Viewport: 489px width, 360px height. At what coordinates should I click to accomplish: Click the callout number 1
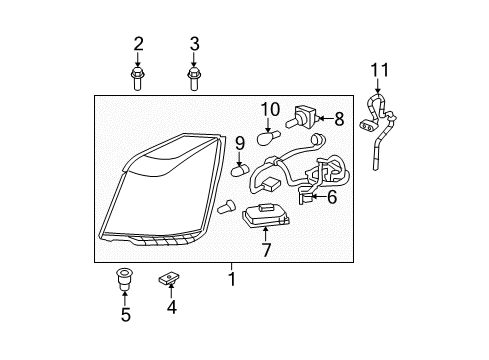pos(232,281)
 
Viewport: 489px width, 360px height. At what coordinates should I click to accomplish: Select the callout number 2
pos(138,43)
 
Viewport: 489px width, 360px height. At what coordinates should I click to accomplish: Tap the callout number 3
pos(194,43)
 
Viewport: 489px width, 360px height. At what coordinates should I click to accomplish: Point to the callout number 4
pos(171,308)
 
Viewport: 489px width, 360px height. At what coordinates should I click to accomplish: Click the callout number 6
pos(332,198)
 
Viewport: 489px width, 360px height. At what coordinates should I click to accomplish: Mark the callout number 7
pos(266,250)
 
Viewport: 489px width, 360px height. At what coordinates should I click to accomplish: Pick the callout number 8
pos(339,119)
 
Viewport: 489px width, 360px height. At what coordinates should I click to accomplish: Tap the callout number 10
pos(270,108)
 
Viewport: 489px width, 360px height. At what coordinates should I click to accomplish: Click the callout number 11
pos(378,69)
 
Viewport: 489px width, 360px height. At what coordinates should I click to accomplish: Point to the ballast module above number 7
pos(266,213)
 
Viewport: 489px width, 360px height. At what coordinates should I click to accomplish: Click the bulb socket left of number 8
pos(305,118)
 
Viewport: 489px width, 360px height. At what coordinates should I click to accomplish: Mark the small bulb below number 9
pos(241,170)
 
